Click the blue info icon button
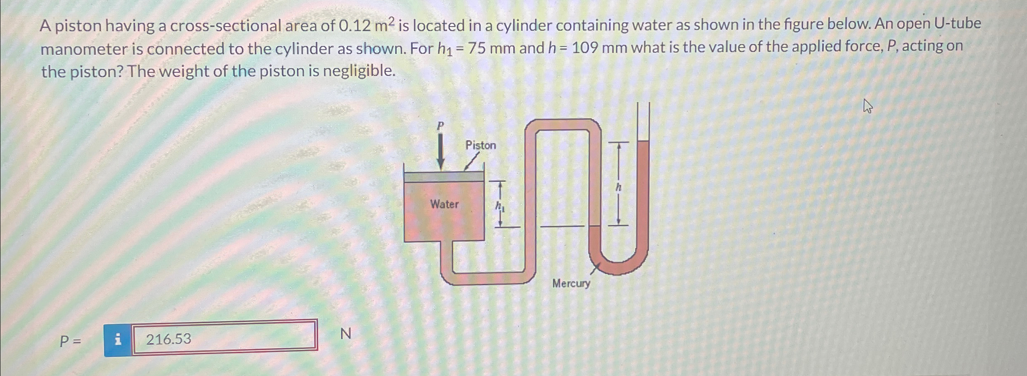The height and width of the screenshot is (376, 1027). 118,339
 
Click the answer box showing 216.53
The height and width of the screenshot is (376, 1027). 224,339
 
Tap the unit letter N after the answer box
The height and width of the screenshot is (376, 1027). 345,334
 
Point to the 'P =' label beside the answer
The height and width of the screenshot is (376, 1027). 70,341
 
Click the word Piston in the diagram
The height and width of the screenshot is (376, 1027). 481,145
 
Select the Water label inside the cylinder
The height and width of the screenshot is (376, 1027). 444,204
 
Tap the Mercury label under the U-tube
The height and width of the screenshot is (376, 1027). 571,283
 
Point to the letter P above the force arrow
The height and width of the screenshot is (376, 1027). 440,125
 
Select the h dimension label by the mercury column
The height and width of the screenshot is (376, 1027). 618,187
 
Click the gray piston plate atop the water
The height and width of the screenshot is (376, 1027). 444,177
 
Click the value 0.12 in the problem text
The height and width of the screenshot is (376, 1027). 355,26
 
